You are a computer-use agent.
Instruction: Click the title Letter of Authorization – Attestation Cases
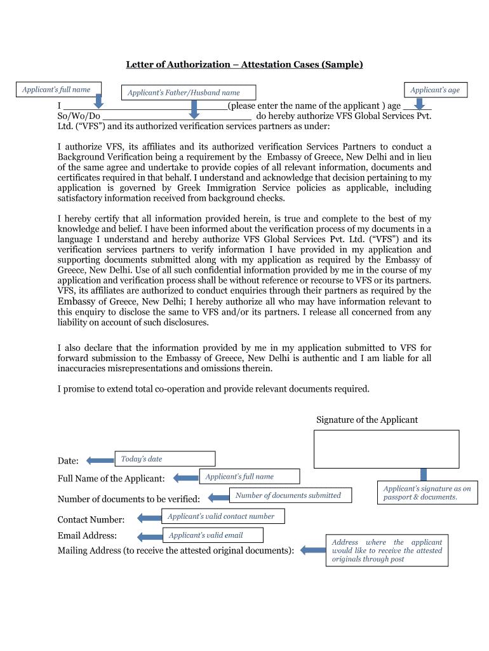click(x=244, y=64)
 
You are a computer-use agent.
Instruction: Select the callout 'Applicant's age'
click(x=435, y=90)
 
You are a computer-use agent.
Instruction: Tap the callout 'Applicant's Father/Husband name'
click(x=189, y=93)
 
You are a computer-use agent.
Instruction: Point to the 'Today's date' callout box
click(x=164, y=459)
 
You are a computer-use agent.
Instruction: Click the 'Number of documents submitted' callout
click(x=289, y=495)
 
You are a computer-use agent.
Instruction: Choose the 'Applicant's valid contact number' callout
click(x=222, y=516)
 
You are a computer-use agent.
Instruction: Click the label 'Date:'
click(x=68, y=461)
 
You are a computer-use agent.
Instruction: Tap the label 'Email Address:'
click(x=87, y=536)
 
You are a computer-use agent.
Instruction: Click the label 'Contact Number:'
click(x=91, y=520)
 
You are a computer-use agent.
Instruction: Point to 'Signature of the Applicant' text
click(x=367, y=420)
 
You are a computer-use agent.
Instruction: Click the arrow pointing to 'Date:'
click(x=100, y=460)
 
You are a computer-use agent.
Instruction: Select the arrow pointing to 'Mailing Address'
click(x=312, y=550)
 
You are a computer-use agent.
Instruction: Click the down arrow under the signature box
click(x=424, y=474)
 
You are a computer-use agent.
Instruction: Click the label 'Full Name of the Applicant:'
click(x=111, y=478)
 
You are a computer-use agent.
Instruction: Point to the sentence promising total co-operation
click(x=213, y=388)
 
